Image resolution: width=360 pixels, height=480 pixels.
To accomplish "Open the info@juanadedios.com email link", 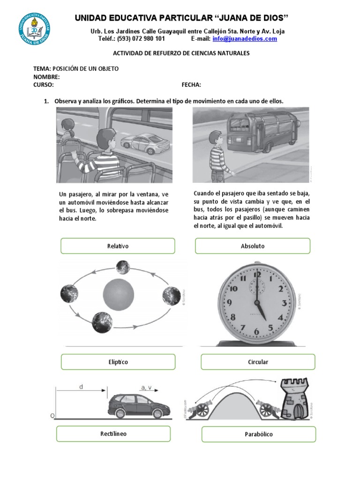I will (245, 39).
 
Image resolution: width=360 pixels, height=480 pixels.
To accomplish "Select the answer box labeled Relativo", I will (118, 246).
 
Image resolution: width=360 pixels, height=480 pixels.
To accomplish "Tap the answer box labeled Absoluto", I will (253, 246).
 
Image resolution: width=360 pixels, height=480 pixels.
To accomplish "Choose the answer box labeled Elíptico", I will (118, 362).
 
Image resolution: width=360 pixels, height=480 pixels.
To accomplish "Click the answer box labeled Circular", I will (258, 362).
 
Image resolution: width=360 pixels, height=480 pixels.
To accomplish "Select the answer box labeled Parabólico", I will (259, 434).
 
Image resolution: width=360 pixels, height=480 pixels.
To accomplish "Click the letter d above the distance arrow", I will (81, 387).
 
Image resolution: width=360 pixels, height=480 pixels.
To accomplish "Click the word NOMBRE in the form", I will (46, 76).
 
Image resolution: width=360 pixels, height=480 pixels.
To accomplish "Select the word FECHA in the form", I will (191, 85).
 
